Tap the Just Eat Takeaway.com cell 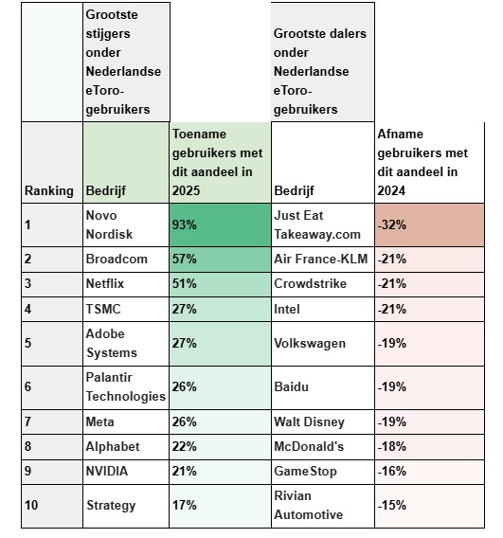(x=322, y=224)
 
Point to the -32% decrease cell (x=429, y=224)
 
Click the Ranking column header (x=49, y=190)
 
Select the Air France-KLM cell (x=322, y=259)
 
